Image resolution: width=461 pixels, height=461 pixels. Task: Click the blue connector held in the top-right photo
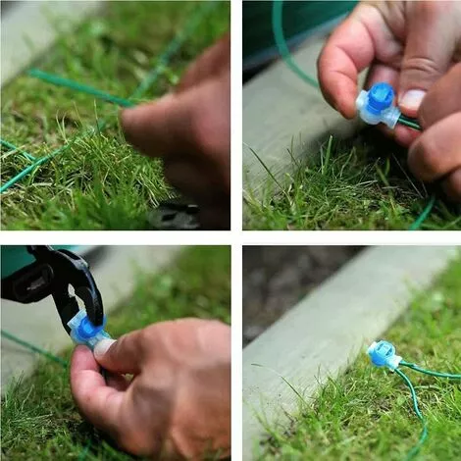coord(377,105)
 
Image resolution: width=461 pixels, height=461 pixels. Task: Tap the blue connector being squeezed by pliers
coord(87,330)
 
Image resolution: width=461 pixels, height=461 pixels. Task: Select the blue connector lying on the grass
coord(382,355)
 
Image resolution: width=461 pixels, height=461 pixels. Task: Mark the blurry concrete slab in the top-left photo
coord(39,29)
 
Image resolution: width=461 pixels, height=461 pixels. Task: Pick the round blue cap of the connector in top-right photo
coord(381,96)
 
